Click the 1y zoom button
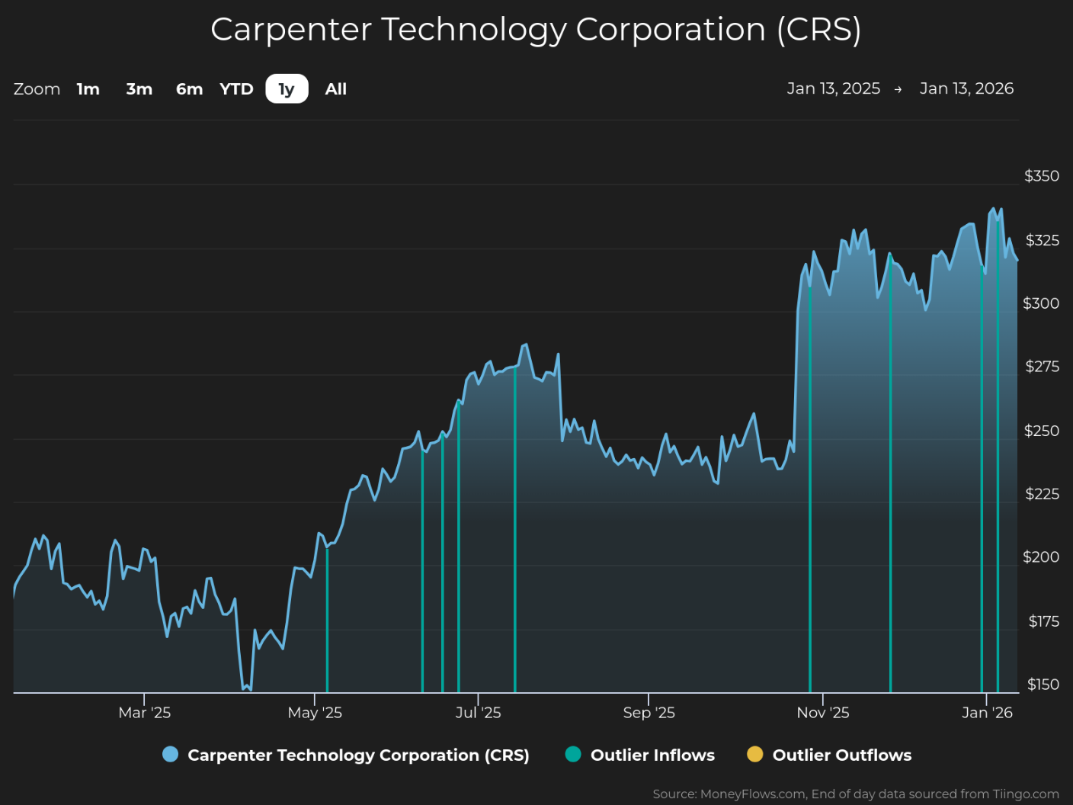pyautogui.click(x=287, y=89)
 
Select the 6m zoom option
pyautogui.click(x=189, y=89)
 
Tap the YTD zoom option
pyautogui.click(x=236, y=89)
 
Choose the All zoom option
pyautogui.click(x=336, y=89)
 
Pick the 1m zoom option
pyautogui.click(x=88, y=89)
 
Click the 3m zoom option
pyautogui.click(x=139, y=89)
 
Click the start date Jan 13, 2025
pyautogui.click(x=834, y=88)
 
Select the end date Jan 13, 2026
pyautogui.click(x=966, y=88)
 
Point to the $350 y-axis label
pyautogui.click(x=1042, y=176)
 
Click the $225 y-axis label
pyautogui.click(x=1043, y=494)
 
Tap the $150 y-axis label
pyautogui.click(x=1043, y=685)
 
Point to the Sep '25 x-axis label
pyautogui.click(x=649, y=713)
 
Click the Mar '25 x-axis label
pyautogui.click(x=144, y=713)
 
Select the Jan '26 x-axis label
pyautogui.click(x=987, y=713)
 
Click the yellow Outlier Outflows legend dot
pyautogui.click(x=754, y=754)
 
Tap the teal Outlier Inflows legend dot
pyautogui.click(x=573, y=754)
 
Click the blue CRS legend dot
pyautogui.click(x=170, y=754)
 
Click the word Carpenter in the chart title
pyautogui.click(x=291, y=30)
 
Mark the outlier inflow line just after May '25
pyautogui.click(x=327, y=620)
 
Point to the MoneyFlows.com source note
pyautogui.click(x=856, y=794)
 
